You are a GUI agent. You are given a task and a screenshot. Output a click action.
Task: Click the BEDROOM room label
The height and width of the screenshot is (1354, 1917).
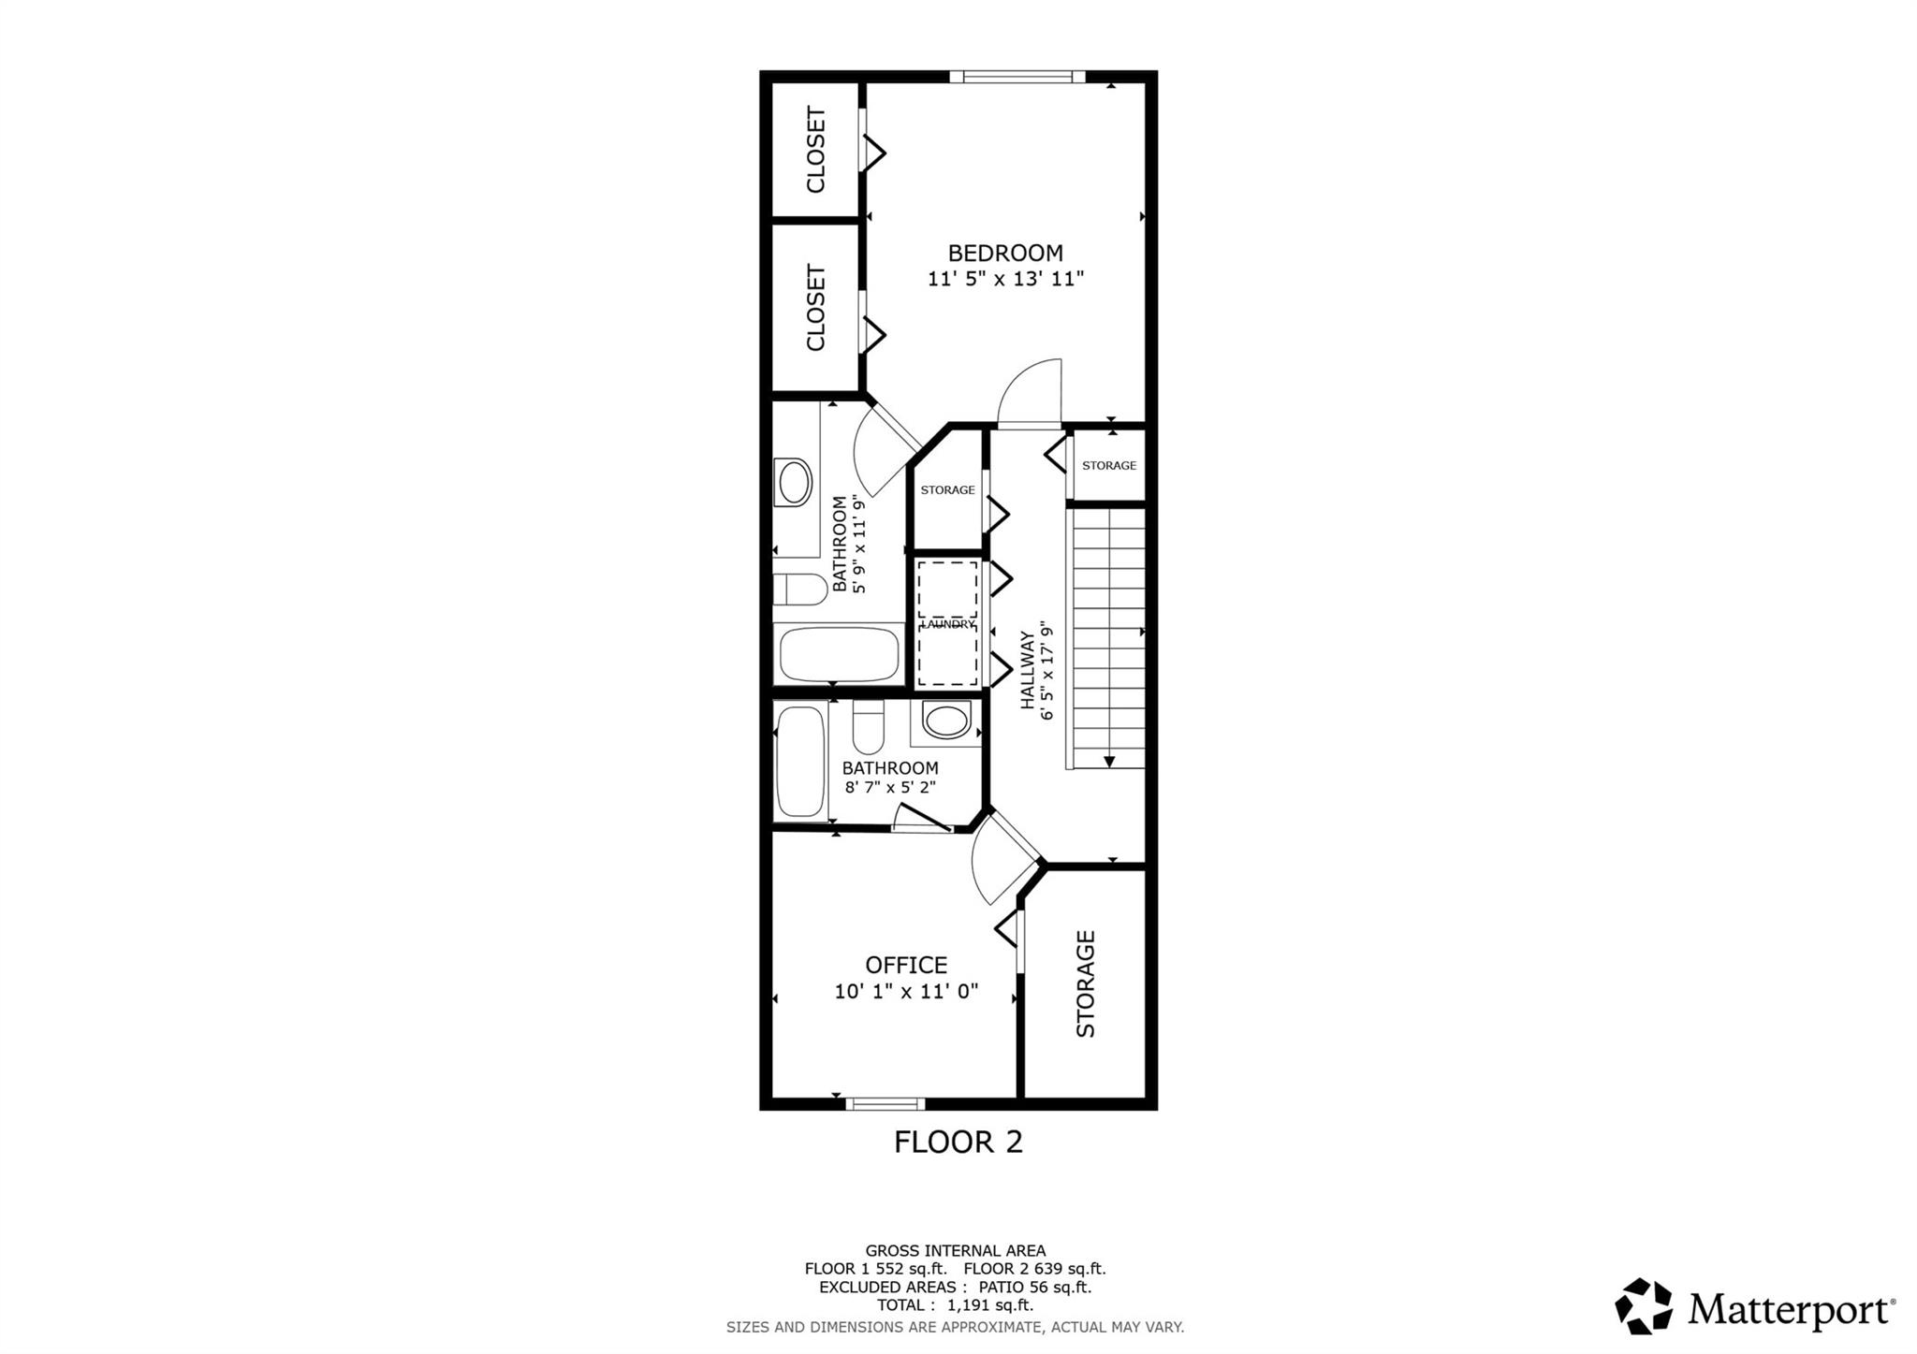(x=1005, y=253)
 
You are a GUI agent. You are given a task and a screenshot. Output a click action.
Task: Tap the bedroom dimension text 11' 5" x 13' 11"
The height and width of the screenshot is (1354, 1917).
(x=1005, y=279)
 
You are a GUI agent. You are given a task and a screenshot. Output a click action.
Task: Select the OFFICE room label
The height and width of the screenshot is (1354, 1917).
(x=906, y=965)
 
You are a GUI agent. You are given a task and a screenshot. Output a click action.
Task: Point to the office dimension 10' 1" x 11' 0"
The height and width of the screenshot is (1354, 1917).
(x=906, y=991)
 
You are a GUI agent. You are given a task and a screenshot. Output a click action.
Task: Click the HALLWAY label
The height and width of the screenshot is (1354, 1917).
(x=1027, y=669)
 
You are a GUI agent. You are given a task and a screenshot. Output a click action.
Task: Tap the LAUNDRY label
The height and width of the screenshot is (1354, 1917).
(x=948, y=624)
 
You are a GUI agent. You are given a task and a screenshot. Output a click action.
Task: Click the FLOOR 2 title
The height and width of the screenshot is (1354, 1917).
(x=958, y=1142)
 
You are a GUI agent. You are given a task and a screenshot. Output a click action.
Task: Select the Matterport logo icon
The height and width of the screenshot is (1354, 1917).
(x=1643, y=1305)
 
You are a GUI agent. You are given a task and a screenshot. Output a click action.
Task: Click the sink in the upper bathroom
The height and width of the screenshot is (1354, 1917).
(x=794, y=482)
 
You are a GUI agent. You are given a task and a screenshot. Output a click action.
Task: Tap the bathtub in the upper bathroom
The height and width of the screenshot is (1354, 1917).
(x=839, y=654)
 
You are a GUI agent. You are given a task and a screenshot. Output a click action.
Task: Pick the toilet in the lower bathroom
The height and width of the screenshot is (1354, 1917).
(x=869, y=726)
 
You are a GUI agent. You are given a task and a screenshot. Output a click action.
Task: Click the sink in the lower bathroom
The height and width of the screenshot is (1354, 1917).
(x=946, y=721)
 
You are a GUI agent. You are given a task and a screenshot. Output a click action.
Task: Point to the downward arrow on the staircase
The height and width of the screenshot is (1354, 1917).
(x=1108, y=761)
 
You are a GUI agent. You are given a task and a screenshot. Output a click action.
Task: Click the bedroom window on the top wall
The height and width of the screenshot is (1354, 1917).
(x=1017, y=77)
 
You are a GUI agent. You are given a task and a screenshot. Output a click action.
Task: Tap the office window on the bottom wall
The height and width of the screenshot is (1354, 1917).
(x=885, y=1103)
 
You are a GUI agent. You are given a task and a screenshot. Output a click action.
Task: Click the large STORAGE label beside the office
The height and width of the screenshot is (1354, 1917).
(x=1086, y=983)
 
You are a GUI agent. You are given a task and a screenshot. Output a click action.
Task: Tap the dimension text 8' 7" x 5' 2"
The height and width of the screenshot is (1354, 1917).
(x=890, y=788)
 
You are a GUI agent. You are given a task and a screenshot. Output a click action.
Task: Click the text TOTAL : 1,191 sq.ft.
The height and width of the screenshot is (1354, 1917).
(x=955, y=1305)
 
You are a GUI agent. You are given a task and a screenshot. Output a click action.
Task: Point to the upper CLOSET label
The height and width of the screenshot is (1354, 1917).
(x=816, y=150)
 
